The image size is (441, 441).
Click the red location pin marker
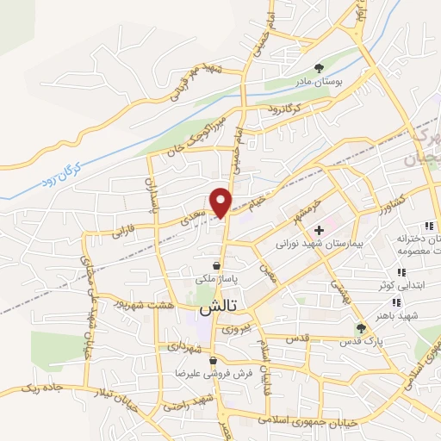pos(222,201)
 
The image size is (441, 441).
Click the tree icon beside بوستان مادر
pos(320,65)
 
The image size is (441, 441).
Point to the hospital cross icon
pos(319,230)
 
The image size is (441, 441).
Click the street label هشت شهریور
pos(147,306)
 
